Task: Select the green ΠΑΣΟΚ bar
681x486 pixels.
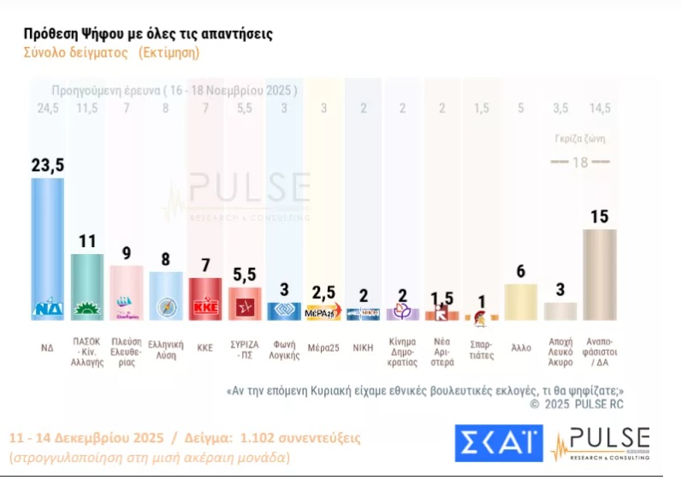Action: [x=86, y=282]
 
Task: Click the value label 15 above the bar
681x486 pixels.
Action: [x=599, y=216]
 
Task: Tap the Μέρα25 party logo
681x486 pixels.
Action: [x=323, y=312]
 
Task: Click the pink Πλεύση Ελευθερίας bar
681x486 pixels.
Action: [x=126, y=291]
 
